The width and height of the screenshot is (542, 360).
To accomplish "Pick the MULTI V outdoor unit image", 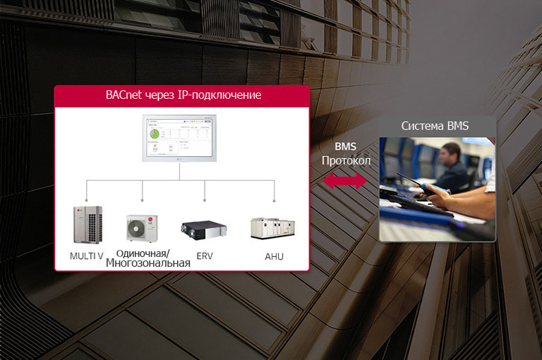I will coord(88,226).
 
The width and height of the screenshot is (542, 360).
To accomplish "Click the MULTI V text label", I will coord(88,256).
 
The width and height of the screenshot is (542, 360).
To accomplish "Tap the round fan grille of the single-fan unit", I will coord(138,229).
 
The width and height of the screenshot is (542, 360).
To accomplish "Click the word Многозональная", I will coord(148,263).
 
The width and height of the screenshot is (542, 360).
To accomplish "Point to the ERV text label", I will coord(205,256).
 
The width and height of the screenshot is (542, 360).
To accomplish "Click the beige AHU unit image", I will coord(274,228).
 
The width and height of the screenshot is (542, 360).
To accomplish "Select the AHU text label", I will coord(274,256).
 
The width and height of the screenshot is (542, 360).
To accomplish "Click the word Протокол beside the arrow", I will coord(346,161).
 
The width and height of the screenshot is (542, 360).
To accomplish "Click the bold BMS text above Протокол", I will coord(346,147).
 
